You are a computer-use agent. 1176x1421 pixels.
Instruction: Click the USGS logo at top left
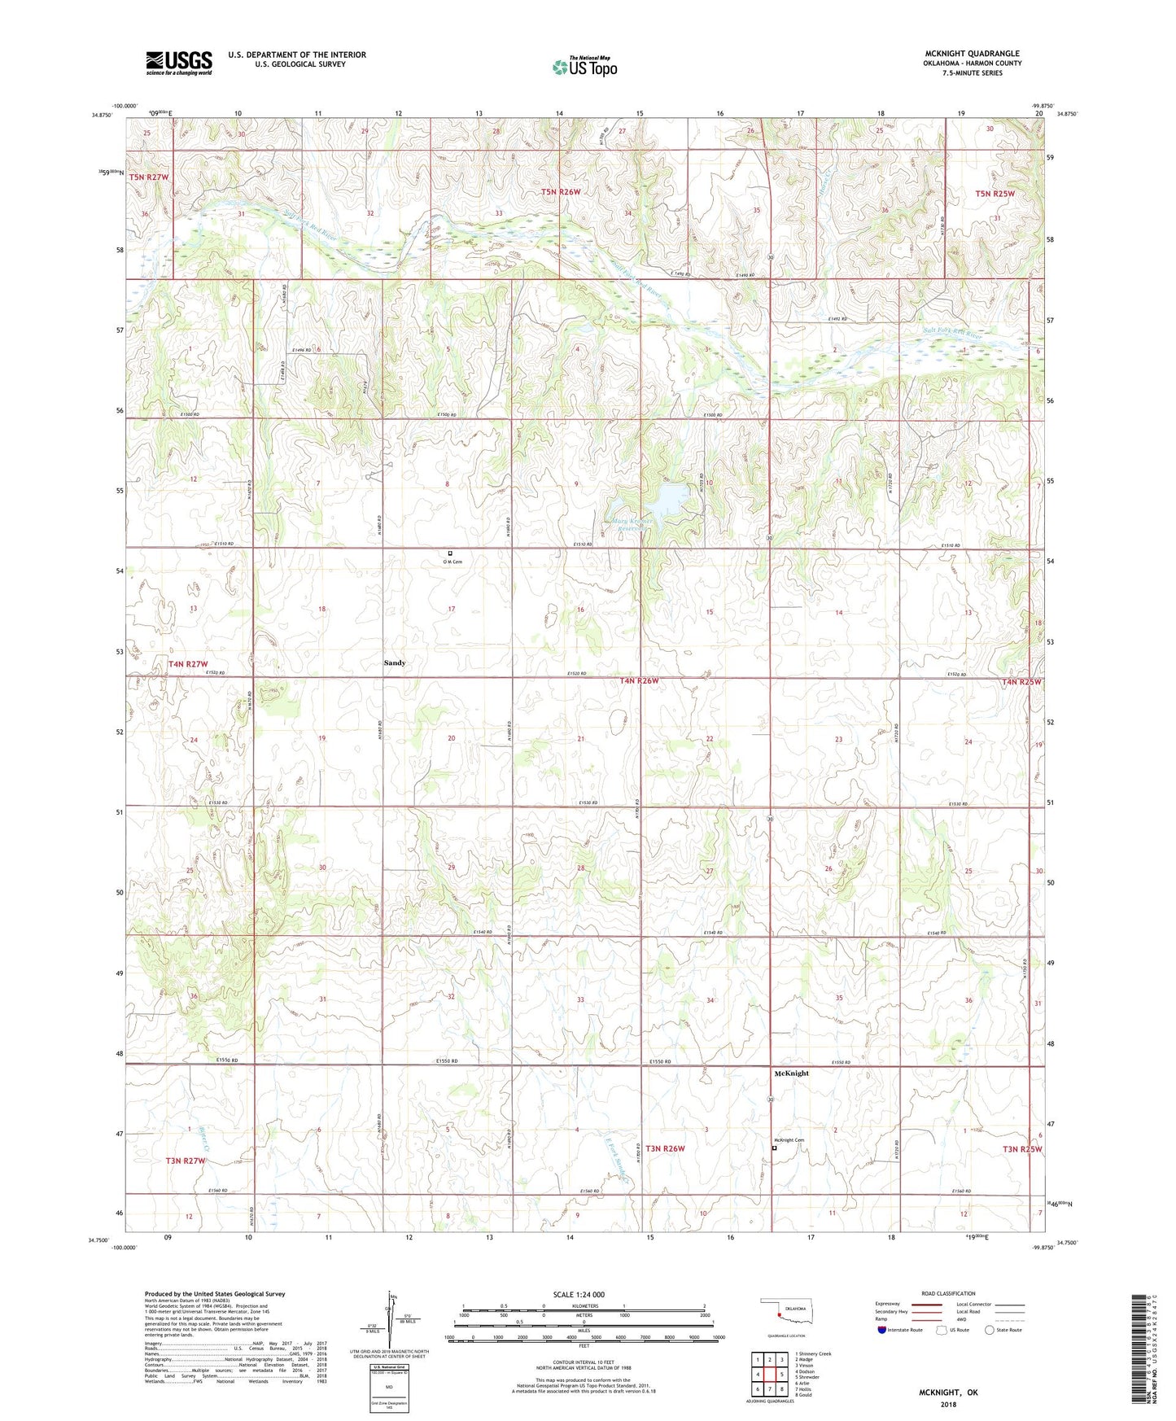[x=178, y=63]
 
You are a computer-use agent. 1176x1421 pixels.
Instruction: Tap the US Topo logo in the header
[x=584, y=68]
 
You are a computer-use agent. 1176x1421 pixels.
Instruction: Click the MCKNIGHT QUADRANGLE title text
[x=972, y=54]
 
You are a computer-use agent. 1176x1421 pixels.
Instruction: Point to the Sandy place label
[x=395, y=663]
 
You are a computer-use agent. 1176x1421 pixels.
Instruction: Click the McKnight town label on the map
[x=791, y=1073]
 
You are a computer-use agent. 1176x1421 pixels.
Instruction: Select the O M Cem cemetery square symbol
[x=450, y=553]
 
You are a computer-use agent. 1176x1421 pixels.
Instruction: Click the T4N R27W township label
[x=187, y=664]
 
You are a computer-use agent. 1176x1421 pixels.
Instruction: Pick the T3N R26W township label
[x=665, y=1148]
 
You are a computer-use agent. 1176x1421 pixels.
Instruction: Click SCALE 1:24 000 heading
[x=578, y=1294]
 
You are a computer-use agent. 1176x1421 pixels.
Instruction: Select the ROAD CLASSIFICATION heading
[x=949, y=1293]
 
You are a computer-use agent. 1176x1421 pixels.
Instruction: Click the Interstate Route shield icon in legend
[x=883, y=1330]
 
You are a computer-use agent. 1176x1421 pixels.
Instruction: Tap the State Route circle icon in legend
[x=990, y=1330]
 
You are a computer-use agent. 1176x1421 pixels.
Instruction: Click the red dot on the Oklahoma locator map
[x=779, y=1310]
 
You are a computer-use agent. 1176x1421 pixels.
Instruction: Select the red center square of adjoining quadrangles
[x=769, y=1374]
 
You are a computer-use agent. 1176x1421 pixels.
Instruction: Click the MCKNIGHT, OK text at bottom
[x=948, y=1393]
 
